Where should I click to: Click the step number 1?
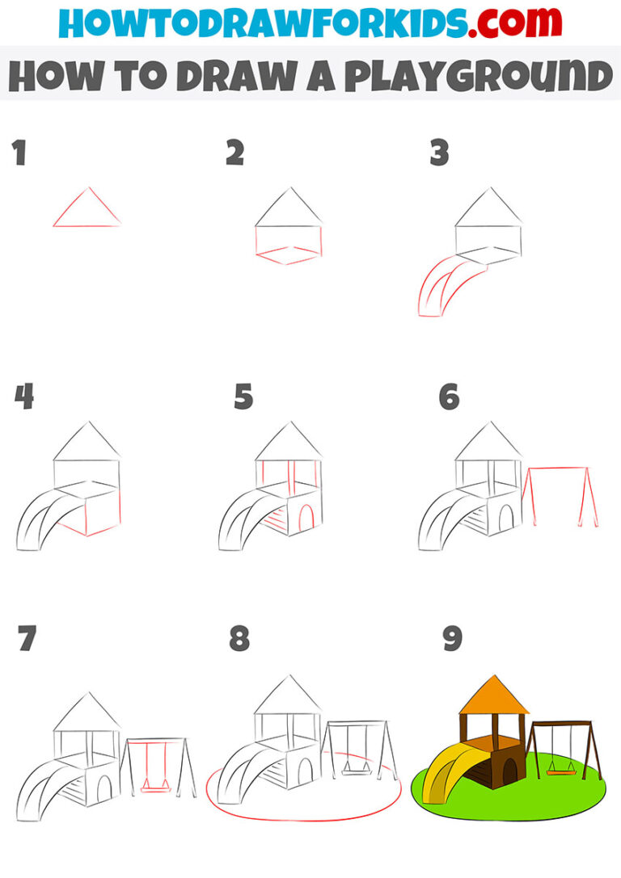(x=19, y=153)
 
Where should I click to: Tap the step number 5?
(x=243, y=397)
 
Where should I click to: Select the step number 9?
(x=451, y=639)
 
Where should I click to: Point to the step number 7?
(x=27, y=639)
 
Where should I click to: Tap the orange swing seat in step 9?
(x=556, y=771)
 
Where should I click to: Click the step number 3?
(x=439, y=153)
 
